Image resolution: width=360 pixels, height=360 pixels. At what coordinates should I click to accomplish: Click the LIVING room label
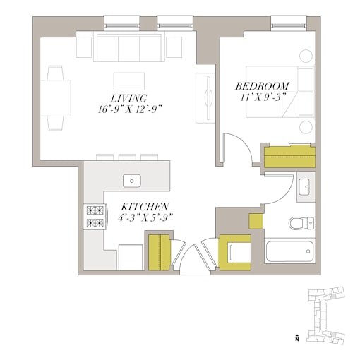tap(129, 98)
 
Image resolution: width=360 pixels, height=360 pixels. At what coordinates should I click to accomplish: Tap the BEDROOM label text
tap(263, 86)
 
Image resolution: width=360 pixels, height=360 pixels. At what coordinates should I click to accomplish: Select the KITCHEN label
tap(145, 207)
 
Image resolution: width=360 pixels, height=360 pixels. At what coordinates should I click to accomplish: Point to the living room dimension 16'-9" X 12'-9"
tap(130, 109)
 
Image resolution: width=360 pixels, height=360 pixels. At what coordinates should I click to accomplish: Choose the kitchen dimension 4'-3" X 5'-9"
tap(145, 217)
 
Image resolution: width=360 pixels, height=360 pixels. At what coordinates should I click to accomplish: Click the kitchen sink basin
tap(132, 181)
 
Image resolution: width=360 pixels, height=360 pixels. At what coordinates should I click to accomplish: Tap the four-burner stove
tap(95, 217)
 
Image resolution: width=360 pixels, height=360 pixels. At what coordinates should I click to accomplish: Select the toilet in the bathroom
tap(301, 223)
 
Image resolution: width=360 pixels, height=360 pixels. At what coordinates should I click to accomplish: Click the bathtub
tap(289, 251)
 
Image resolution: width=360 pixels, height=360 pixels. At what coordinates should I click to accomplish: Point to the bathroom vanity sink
tap(306, 187)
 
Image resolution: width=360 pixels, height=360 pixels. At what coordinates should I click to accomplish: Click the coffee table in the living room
tap(129, 81)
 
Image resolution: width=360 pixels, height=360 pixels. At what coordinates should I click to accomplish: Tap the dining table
tap(56, 98)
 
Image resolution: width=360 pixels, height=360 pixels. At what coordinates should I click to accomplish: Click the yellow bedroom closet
tap(289, 157)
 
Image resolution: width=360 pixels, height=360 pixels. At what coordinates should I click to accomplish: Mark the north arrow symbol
tap(297, 337)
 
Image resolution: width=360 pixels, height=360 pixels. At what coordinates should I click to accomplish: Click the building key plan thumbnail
tap(326, 315)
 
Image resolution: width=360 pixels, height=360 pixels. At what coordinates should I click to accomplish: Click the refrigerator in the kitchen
tap(131, 258)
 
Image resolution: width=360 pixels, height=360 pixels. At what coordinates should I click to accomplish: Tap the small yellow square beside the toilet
tap(256, 221)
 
